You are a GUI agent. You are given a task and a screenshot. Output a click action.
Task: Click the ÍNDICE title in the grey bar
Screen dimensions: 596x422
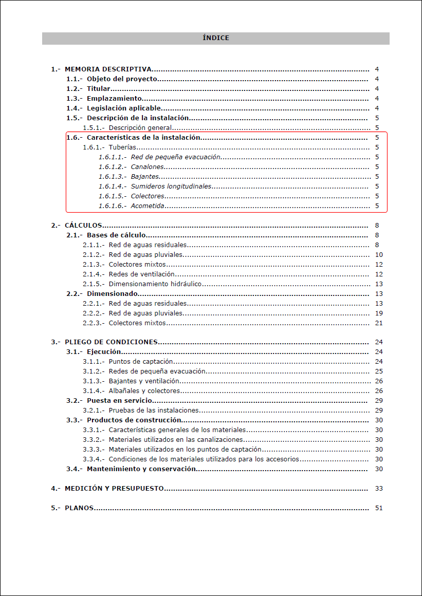click(x=216, y=38)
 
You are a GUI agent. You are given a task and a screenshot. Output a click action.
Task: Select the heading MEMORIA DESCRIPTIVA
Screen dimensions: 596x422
click(x=108, y=69)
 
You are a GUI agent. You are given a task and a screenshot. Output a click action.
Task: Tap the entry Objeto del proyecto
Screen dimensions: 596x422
click(x=122, y=79)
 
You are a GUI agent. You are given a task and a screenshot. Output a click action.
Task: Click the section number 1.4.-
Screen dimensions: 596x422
click(x=75, y=108)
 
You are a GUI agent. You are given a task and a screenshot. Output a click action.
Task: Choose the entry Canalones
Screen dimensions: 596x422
click(x=148, y=167)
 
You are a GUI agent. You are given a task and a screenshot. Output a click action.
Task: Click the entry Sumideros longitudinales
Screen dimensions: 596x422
click(x=171, y=187)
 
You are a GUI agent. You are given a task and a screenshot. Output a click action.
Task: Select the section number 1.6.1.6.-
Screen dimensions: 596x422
click(x=113, y=206)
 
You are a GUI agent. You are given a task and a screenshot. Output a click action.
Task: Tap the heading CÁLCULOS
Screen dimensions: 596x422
click(x=83, y=226)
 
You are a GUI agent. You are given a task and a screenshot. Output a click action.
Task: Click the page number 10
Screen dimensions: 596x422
click(x=379, y=255)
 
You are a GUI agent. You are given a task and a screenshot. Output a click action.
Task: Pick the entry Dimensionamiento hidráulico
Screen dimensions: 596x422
click(x=155, y=284)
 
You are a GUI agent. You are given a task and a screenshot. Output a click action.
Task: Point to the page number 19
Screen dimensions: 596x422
click(x=379, y=313)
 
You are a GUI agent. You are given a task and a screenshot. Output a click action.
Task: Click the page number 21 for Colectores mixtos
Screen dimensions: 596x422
click(x=379, y=323)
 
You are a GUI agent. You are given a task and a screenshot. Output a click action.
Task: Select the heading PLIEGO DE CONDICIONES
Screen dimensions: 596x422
click(x=111, y=343)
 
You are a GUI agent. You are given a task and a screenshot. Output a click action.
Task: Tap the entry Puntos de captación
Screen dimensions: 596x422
click(x=140, y=362)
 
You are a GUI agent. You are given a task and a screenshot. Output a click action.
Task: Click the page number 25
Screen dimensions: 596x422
click(x=379, y=371)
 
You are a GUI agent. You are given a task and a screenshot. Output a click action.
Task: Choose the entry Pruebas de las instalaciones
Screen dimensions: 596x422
click(x=154, y=411)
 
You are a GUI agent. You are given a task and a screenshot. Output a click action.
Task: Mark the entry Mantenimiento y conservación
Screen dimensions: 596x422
click(x=141, y=469)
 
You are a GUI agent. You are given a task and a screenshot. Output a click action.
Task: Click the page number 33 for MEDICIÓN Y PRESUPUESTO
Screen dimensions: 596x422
click(x=379, y=489)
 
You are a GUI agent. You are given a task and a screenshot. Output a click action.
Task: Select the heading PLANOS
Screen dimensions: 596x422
click(x=79, y=508)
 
